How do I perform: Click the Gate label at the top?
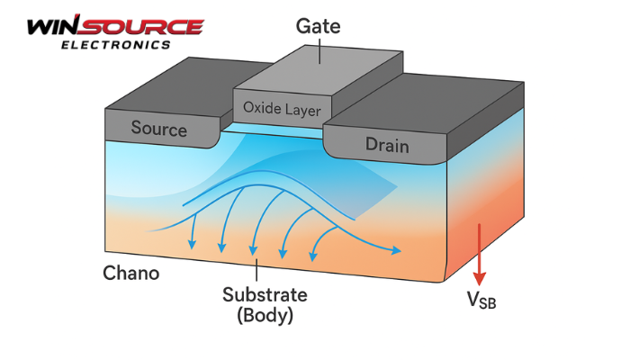319,26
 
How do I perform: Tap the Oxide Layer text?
282,109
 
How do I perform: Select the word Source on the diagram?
158,128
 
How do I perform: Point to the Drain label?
387,144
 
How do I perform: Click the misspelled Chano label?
130,272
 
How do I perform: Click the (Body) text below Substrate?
264,316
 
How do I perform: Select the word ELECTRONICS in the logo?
113,44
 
